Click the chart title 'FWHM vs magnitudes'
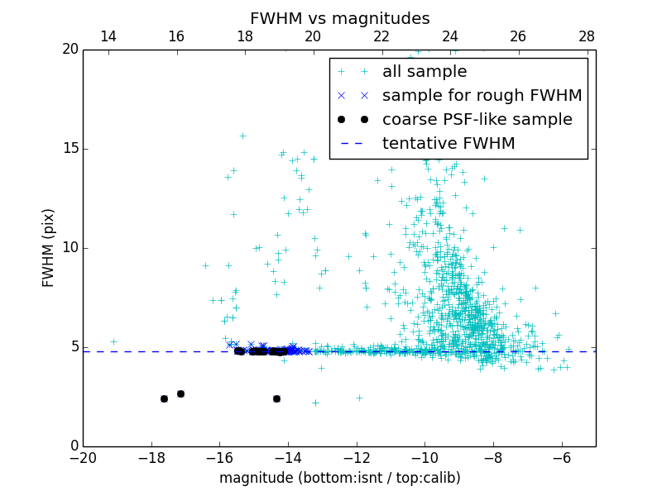pos(339,18)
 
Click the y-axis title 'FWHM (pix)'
pos(49,247)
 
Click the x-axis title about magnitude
pos(339,478)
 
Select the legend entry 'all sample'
pos(425,72)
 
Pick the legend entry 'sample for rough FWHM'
pos(482,96)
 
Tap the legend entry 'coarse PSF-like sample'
pos(477,120)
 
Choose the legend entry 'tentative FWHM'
pos(449,144)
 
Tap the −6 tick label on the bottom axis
pos(562,458)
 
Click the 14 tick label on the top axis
pos(108,36)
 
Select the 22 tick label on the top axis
pos(381,36)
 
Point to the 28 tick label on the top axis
pos(587,36)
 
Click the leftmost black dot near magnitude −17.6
pos(164,398)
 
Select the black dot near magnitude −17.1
pos(180,393)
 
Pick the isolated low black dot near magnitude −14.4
pos(276,398)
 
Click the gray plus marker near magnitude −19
pos(113,341)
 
